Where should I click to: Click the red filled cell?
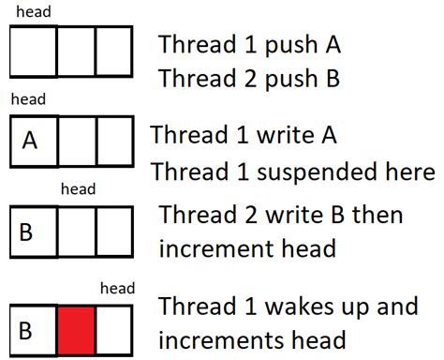tap(76, 329)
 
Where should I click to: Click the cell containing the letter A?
tap(30, 140)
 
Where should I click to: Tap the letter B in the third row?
tap(26, 230)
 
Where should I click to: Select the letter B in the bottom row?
tap(26, 330)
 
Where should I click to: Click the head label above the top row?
tap(34, 12)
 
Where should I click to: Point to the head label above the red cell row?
tap(117, 289)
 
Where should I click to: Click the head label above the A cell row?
tap(27, 98)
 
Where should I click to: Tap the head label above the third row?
tap(78, 189)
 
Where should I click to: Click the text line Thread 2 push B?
tap(248, 79)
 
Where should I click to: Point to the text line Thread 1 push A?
tap(248, 44)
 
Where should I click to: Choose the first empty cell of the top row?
tap(33, 50)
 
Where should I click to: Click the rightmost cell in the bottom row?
tap(114, 329)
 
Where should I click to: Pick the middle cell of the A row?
tap(76, 140)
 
